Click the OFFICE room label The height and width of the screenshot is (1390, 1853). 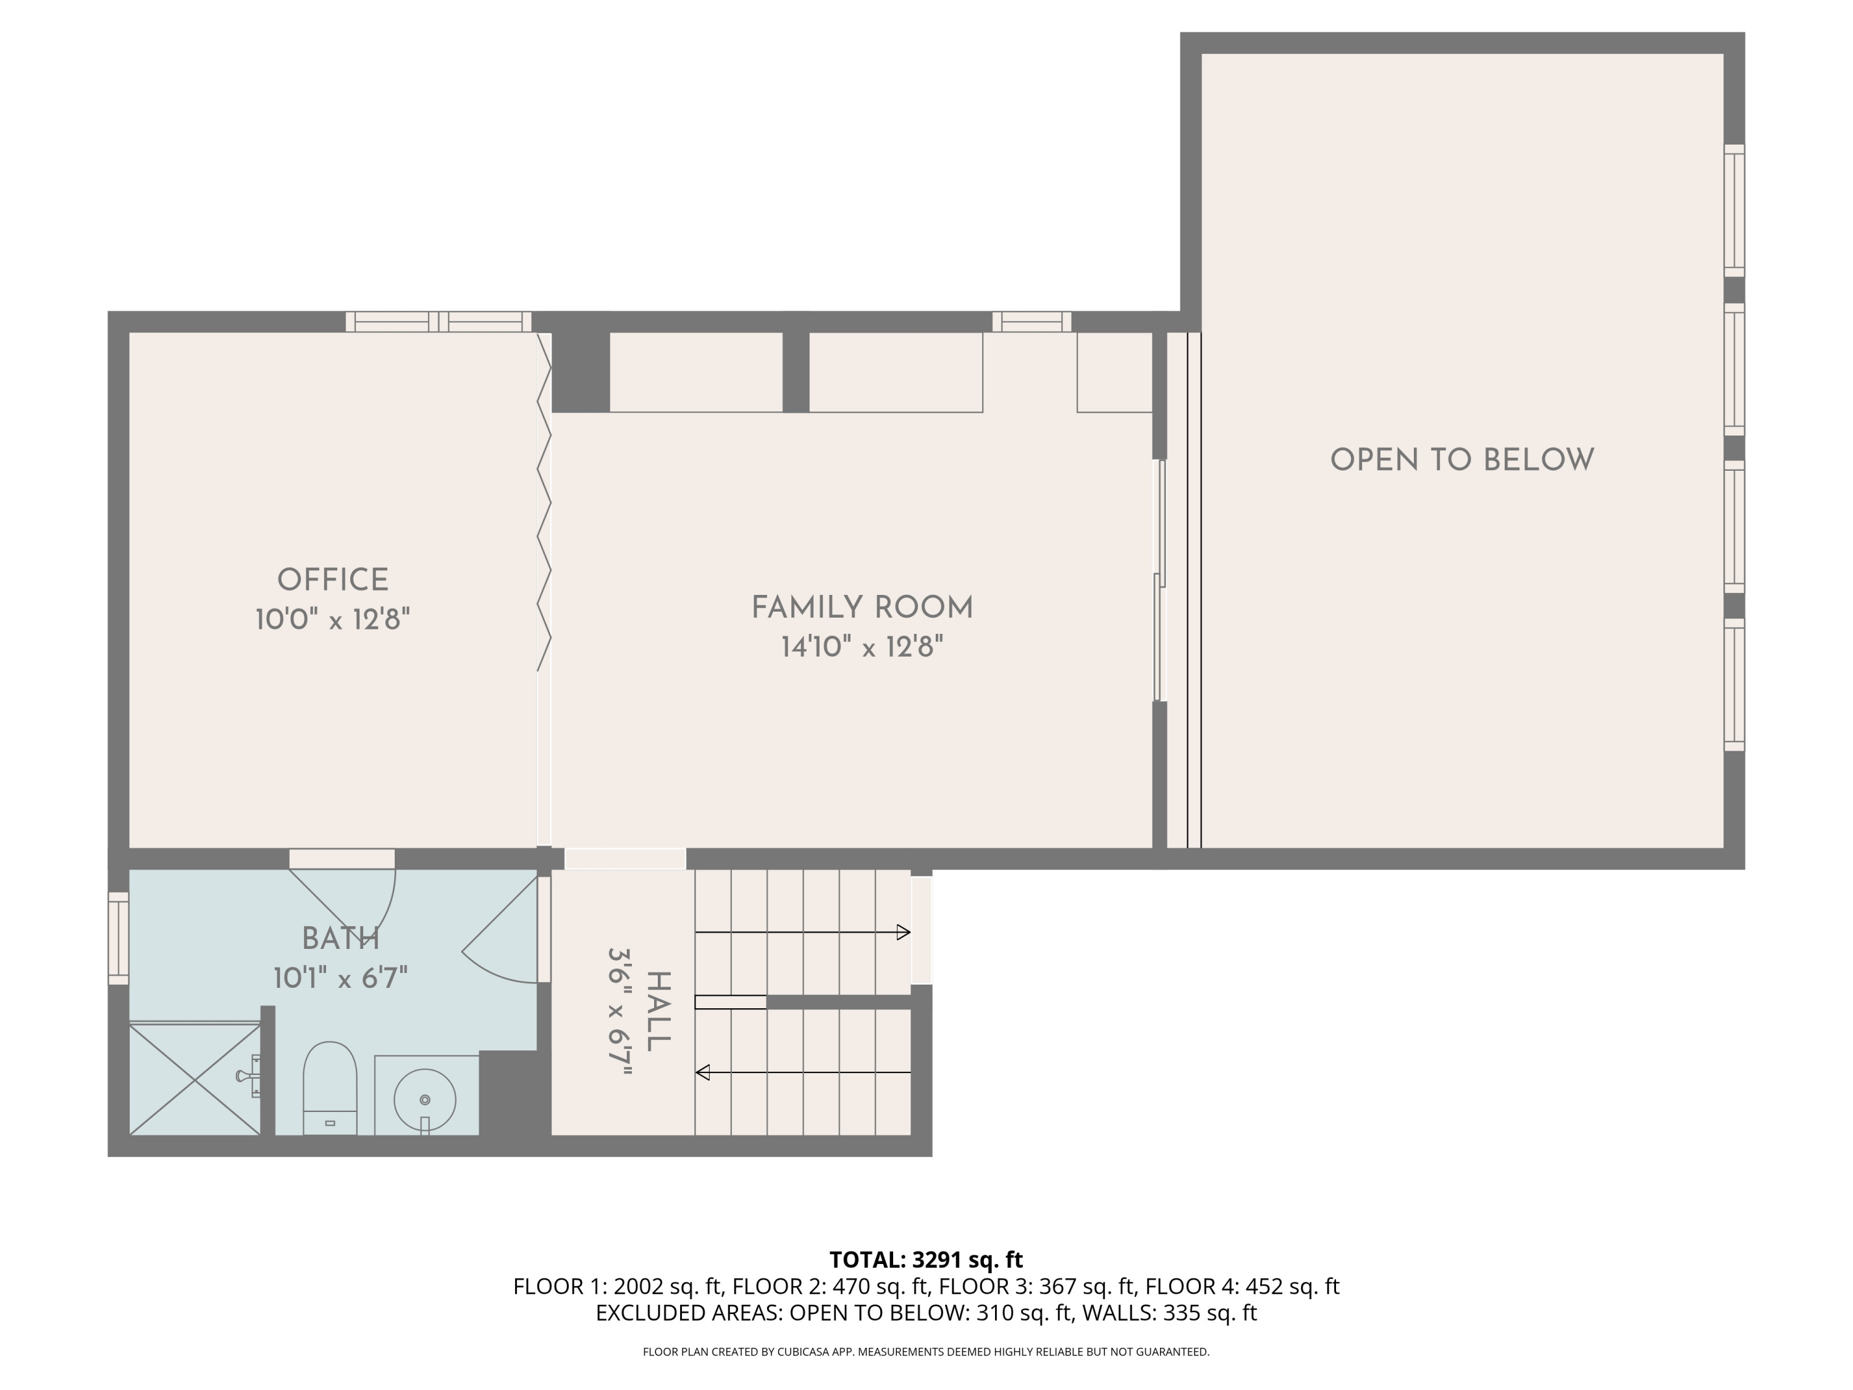pos(332,580)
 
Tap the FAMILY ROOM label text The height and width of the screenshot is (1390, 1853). pos(862,607)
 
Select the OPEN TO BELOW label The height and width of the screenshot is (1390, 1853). pos(1462,460)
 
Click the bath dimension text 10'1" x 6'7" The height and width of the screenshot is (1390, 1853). pos(340,978)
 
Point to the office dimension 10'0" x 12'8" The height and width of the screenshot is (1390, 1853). pos(332,620)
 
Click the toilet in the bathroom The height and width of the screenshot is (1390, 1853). pos(329,1087)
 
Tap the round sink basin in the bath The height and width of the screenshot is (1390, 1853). pos(425,1099)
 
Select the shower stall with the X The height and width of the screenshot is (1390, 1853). pos(195,1079)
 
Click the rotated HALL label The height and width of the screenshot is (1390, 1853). pos(658,1011)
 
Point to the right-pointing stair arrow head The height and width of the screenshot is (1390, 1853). pos(903,932)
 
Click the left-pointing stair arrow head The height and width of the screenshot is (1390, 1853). pos(703,1072)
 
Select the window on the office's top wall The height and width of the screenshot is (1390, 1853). pos(438,322)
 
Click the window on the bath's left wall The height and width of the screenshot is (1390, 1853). pos(118,938)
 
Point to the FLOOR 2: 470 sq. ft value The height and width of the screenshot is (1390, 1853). pos(830,1286)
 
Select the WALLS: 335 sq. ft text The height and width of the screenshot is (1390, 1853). pos(1169,1313)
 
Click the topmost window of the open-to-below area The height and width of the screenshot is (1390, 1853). pos(1733,210)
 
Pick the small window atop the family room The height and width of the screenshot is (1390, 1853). pos(1032,322)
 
